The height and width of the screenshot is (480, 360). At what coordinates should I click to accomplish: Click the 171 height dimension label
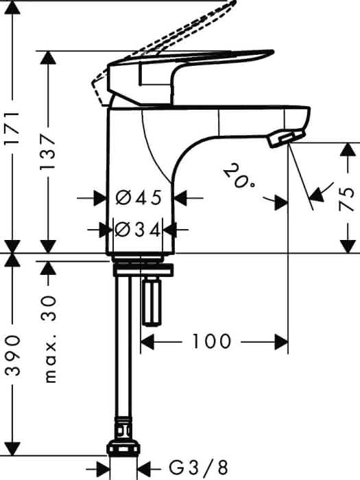(14, 128)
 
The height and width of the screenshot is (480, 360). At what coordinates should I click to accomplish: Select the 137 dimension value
(49, 152)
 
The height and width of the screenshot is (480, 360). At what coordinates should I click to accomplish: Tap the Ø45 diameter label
(139, 197)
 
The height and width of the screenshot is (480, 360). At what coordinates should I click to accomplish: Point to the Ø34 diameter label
(137, 230)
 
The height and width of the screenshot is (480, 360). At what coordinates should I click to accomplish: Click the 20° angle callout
(239, 175)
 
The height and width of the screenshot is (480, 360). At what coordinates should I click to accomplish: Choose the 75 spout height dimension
(347, 200)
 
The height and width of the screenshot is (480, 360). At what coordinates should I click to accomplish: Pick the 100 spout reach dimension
(211, 341)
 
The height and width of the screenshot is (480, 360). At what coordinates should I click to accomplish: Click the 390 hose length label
(14, 355)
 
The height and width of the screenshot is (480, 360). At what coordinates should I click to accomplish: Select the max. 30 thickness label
(49, 339)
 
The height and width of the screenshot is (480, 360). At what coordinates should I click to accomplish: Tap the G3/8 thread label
(199, 468)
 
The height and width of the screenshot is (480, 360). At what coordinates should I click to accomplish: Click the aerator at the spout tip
(285, 139)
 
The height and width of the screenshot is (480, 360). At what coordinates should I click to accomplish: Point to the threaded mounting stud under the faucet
(152, 302)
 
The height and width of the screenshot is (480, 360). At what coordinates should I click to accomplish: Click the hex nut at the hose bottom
(123, 448)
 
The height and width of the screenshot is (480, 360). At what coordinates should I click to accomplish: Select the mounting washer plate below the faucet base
(143, 269)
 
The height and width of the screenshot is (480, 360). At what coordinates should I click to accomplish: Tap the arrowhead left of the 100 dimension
(147, 342)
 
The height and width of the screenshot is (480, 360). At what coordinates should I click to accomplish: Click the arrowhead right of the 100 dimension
(281, 342)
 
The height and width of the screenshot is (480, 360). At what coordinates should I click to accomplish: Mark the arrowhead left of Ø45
(100, 198)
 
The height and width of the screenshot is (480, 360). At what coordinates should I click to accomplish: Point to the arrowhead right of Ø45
(180, 198)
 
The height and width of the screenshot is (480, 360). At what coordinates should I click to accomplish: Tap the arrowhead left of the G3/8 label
(103, 468)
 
